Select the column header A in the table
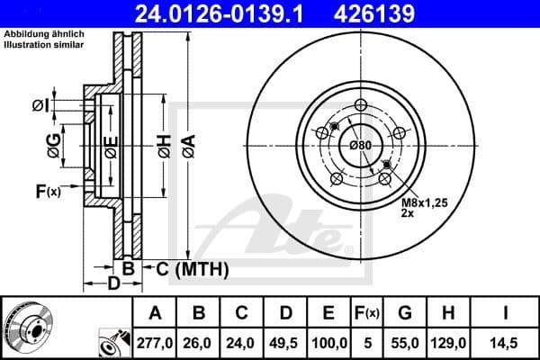(155, 313)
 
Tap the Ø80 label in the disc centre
(360, 146)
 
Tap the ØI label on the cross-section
(39, 105)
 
